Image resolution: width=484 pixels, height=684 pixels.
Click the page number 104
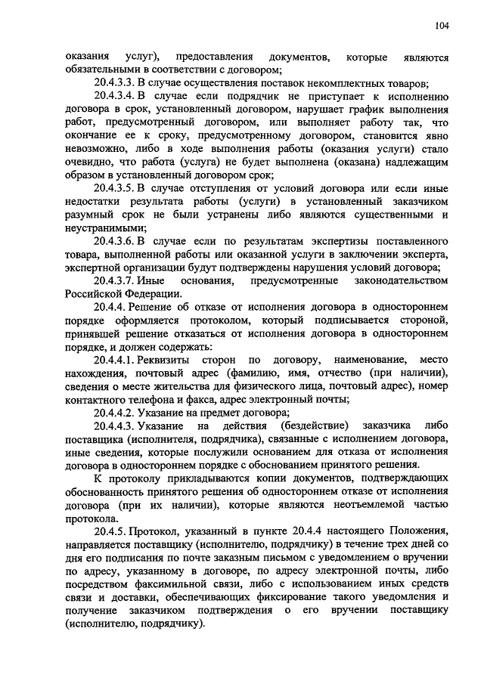[442, 26]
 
